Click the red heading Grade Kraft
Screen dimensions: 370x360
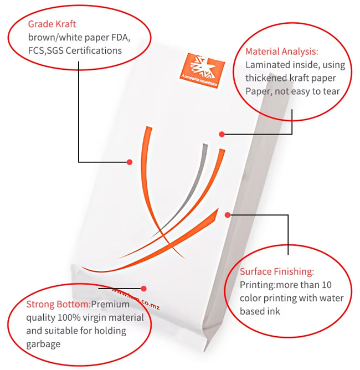tap(52, 24)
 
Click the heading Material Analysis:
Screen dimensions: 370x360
tap(281, 52)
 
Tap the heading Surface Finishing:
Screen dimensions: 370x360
tap(276, 271)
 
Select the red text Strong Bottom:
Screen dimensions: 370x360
tap(58, 305)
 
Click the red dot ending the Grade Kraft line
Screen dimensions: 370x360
tap(130, 162)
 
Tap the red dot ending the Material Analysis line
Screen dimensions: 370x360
tap(222, 133)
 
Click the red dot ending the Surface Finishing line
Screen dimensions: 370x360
tap(227, 214)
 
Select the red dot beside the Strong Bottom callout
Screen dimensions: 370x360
tap(144, 288)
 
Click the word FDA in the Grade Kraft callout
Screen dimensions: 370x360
tap(120, 37)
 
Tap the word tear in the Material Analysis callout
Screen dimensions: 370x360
tap(331, 91)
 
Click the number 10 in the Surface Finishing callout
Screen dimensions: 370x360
tap(327, 285)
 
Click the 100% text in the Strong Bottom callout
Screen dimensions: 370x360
tap(70, 318)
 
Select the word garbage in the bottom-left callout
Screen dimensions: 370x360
tap(43, 344)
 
